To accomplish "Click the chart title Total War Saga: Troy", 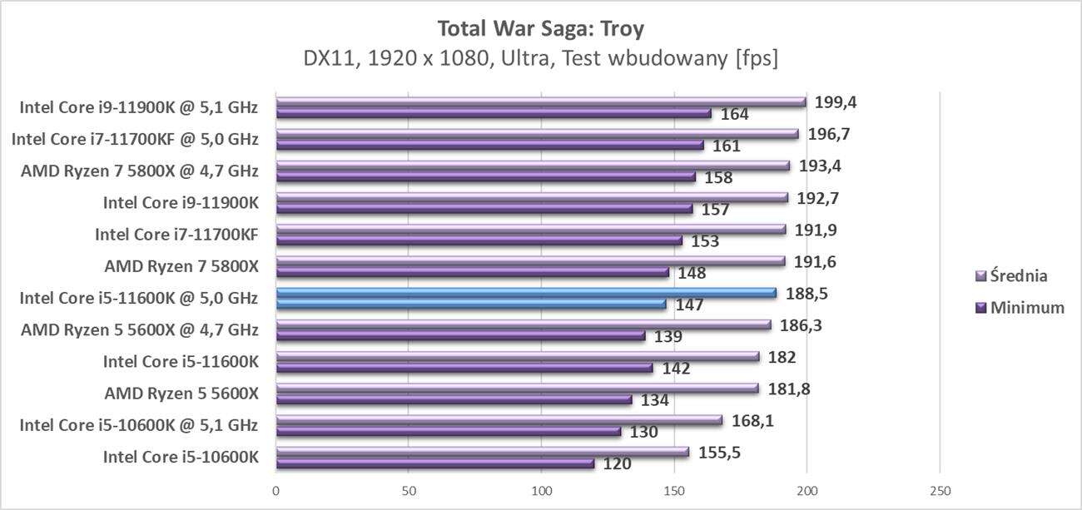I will [x=540, y=29].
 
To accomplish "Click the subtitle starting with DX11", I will [x=540, y=59].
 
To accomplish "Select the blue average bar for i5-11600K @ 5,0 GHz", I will [x=525, y=293].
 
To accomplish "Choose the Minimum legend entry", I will [x=1020, y=308].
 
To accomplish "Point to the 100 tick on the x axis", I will [x=542, y=491].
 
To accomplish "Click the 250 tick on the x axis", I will [x=940, y=491].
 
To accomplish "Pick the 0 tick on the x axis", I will [x=276, y=491].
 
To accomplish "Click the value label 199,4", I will [x=838, y=102].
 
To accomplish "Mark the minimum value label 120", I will [x=617, y=464].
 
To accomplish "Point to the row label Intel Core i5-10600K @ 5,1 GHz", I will [x=138, y=425].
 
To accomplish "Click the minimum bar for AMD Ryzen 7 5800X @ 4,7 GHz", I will [x=485, y=177].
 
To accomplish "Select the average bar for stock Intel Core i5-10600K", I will [x=483, y=452].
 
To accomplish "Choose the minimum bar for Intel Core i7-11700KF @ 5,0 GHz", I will [x=489, y=146].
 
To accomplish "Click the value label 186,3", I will [x=803, y=324].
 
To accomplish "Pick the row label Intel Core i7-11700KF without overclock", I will [x=176, y=234].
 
